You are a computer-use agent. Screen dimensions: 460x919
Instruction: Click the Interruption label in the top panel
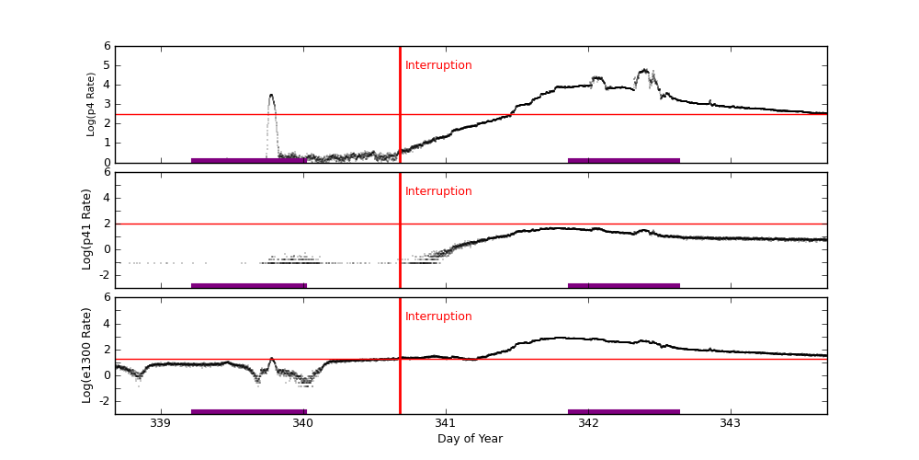click(x=438, y=65)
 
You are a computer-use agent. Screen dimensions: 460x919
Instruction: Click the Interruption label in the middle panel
click(x=438, y=191)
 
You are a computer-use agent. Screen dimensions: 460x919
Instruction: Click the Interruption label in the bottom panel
click(x=438, y=316)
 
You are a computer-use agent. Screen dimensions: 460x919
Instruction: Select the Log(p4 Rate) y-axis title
click(x=91, y=104)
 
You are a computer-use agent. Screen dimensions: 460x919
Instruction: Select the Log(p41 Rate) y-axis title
click(x=87, y=229)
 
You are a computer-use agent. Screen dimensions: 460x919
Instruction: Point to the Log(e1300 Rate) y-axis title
click(x=87, y=355)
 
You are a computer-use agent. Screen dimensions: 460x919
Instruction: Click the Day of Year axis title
click(x=470, y=439)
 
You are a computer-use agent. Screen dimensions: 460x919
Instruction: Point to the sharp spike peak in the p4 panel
click(x=271, y=95)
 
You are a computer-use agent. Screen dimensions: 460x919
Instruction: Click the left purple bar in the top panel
click(x=248, y=160)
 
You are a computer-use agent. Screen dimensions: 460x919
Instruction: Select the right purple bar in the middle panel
click(x=623, y=285)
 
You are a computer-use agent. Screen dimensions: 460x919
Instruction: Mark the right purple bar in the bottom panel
click(x=623, y=411)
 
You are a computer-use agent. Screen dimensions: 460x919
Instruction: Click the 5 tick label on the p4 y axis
click(x=107, y=65)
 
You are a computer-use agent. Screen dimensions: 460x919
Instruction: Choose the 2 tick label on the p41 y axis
click(x=107, y=224)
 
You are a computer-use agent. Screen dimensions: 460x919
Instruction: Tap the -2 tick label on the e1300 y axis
click(x=104, y=400)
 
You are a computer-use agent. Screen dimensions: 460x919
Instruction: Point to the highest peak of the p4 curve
click(x=645, y=70)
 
